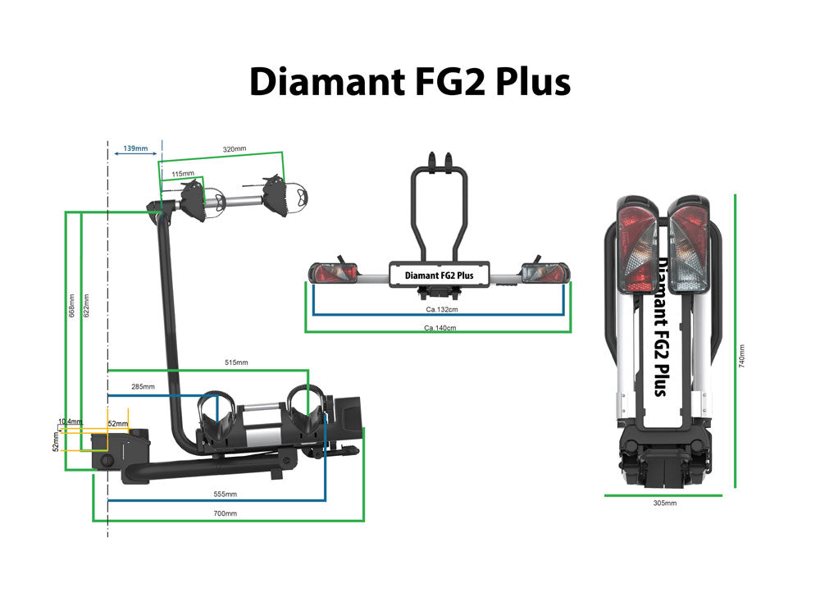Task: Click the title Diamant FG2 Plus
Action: click(409, 82)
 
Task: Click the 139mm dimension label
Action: click(135, 148)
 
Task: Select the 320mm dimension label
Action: click(235, 148)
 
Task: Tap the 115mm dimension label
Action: click(183, 174)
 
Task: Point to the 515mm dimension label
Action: click(235, 362)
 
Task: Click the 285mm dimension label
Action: click(143, 386)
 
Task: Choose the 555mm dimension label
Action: click(225, 494)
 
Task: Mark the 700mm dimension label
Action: click(225, 513)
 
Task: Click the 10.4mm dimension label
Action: click(71, 421)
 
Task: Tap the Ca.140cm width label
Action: click(440, 327)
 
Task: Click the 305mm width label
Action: click(664, 503)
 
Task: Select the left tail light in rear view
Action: click(332, 272)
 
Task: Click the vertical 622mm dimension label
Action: click(86, 305)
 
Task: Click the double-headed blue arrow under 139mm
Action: click(135, 157)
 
